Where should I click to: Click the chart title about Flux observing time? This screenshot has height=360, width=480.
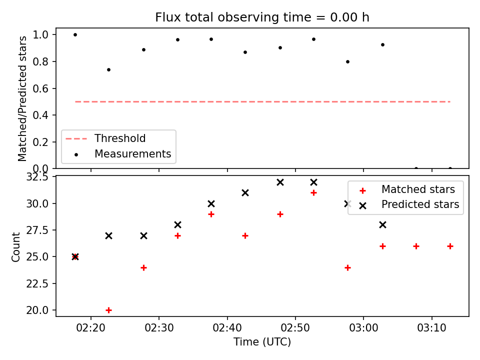pos(262,17)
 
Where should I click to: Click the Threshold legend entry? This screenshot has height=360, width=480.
pos(120,138)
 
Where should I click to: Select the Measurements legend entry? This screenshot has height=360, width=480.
pos(132,154)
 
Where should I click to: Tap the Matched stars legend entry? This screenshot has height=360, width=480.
pos(418,189)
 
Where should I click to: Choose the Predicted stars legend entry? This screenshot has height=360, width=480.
pos(420,204)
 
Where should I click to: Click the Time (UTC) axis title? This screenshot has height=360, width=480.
pos(262,342)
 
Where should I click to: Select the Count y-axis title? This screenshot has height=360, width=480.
pos(16,246)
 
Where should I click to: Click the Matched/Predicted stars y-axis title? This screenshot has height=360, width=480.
pos(22,98)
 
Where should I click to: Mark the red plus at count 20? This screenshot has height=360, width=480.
pos(108,310)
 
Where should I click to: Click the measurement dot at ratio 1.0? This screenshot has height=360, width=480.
pos(75,34)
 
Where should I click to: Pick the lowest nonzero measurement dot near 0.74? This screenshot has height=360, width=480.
pos(108,69)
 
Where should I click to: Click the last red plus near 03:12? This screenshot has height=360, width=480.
pos(450,246)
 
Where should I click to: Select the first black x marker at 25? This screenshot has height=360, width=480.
pos(75,256)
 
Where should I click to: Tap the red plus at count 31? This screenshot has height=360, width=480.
pos(313,192)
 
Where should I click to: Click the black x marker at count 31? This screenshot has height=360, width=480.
pos(245,192)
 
